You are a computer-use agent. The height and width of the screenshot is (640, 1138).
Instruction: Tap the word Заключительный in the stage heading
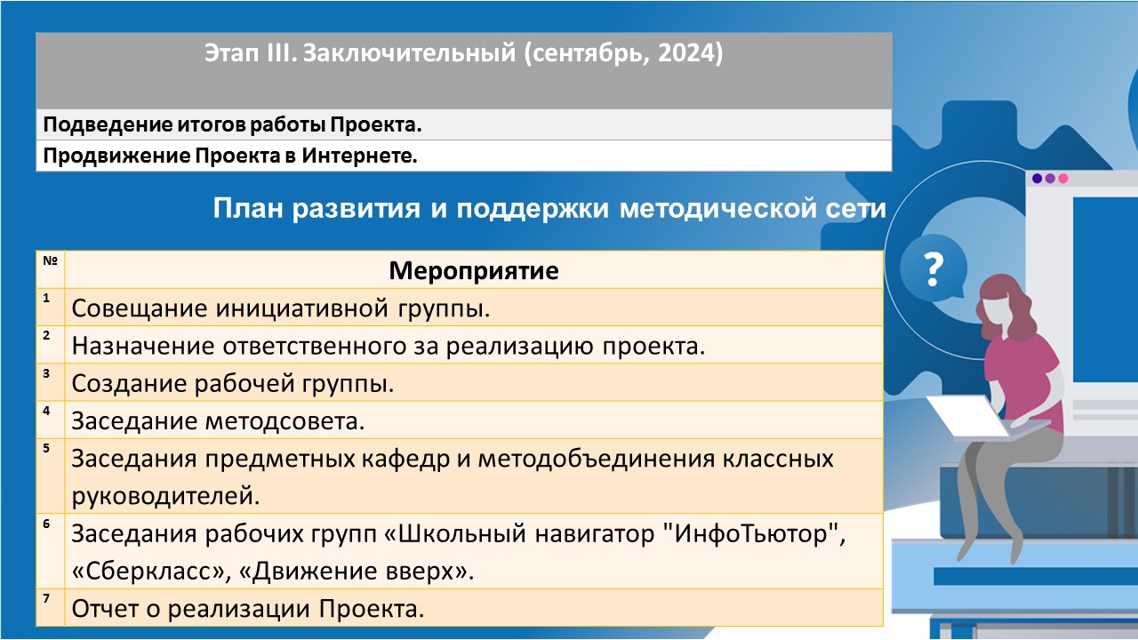pyautogui.click(x=409, y=52)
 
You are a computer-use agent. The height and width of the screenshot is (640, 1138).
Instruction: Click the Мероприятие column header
pyautogui.click(x=474, y=270)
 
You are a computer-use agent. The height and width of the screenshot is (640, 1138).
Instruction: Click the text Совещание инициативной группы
pyautogui.click(x=281, y=308)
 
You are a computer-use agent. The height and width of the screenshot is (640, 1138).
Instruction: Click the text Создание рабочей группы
pyautogui.click(x=233, y=383)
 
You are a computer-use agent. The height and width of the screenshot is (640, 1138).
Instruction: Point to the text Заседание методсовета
pyautogui.click(x=218, y=421)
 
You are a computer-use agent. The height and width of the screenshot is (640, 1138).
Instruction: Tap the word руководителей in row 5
pyautogui.click(x=165, y=496)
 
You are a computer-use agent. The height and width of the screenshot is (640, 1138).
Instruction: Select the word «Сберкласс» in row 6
pyautogui.click(x=148, y=572)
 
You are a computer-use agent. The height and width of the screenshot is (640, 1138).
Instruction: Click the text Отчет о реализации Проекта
pyautogui.click(x=248, y=609)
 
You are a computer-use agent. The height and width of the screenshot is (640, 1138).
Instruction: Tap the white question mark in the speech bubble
pyautogui.click(x=933, y=269)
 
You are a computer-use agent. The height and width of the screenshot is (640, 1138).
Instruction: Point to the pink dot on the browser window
pyautogui.click(x=1062, y=179)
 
